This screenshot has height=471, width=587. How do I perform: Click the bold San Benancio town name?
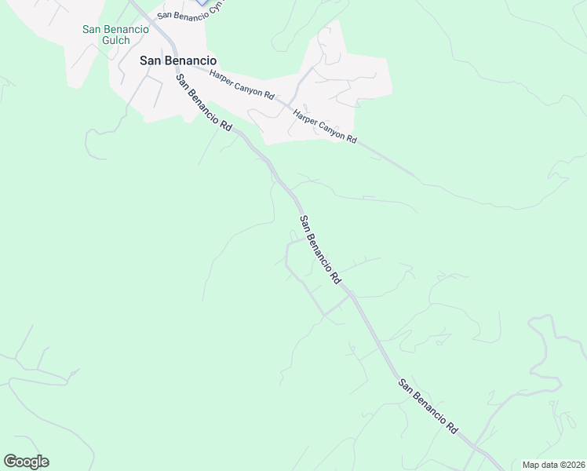(177, 60)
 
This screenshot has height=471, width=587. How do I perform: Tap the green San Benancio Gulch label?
(115, 35)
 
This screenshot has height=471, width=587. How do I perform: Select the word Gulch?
(115, 40)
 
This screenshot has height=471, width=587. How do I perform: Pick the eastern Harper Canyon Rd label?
(325, 126)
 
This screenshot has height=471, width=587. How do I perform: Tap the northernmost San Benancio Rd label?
(204, 103)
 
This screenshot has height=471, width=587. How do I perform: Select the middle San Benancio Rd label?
(320, 250)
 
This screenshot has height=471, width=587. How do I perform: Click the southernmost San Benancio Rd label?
(428, 407)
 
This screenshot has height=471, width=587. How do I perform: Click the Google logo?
(26, 462)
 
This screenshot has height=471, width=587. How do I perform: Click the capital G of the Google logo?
(10, 462)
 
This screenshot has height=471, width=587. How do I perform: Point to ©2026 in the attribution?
(571, 465)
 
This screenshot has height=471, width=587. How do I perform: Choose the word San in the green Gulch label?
(93, 30)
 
